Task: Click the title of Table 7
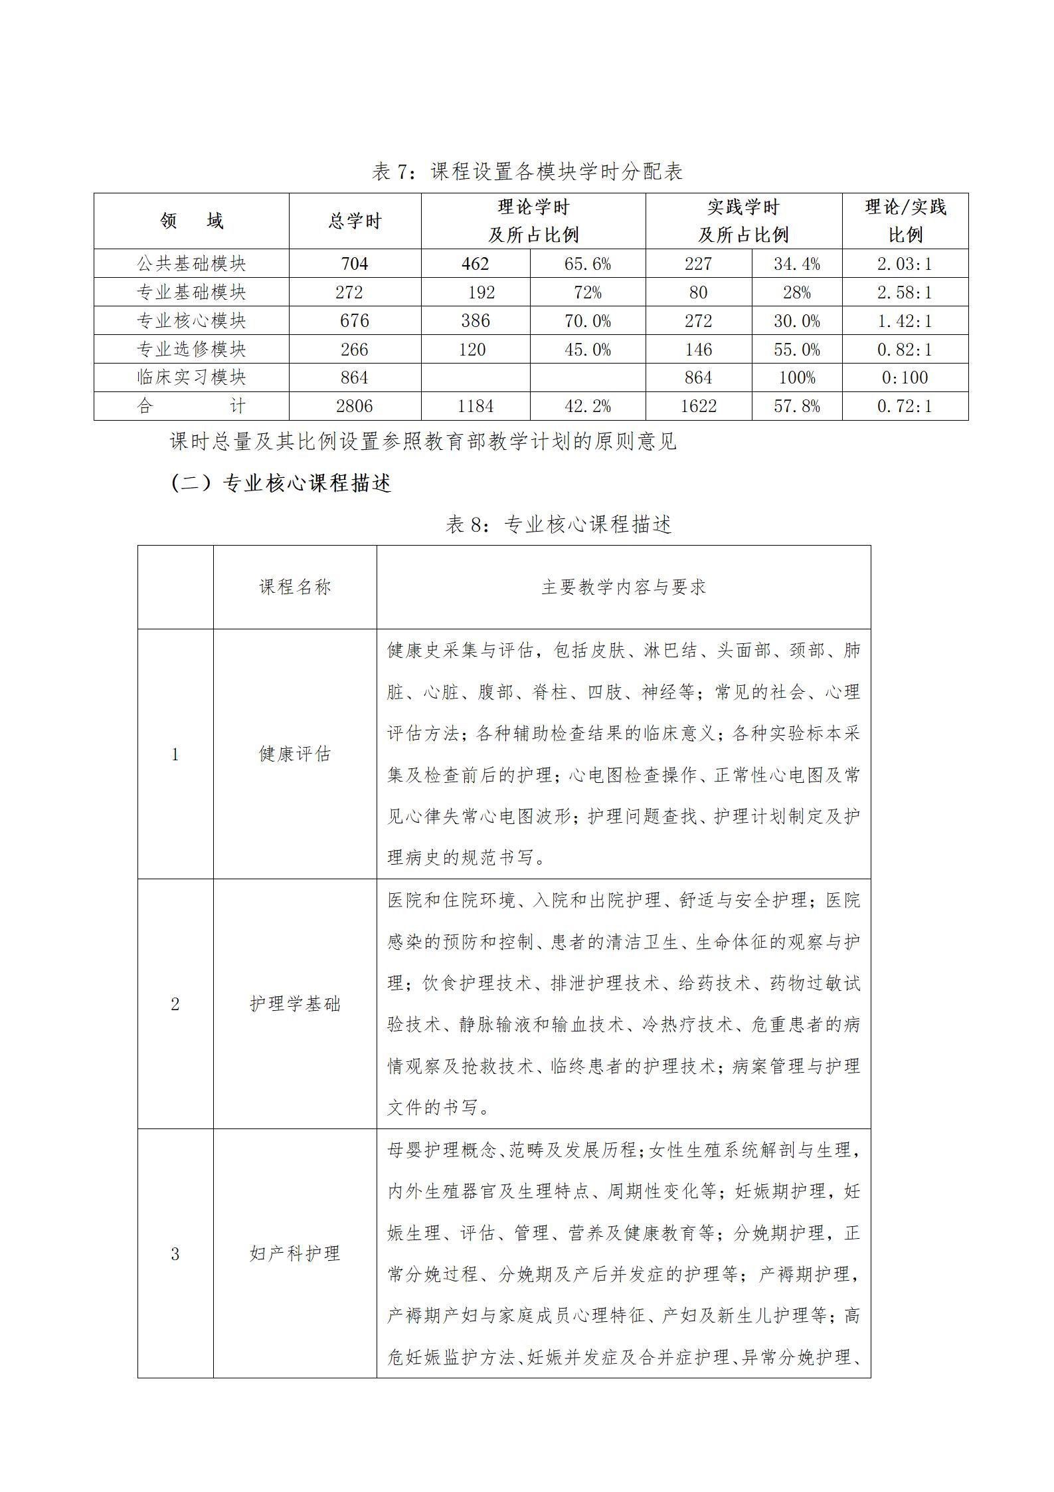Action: (527, 171)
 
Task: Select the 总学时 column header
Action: (355, 221)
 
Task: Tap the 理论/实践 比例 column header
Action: (905, 221)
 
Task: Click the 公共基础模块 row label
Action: (191, 264)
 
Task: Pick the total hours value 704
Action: (354, 264)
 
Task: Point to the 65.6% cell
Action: (587, 264)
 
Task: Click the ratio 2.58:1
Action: (905, 292)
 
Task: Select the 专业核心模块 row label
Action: (191, 321)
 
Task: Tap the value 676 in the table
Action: (354, 321)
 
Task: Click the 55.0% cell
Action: (796, 350)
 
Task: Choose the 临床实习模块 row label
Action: (191, 377)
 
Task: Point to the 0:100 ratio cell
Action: (905, 377)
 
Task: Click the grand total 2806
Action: (354, 406)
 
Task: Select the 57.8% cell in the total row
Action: (796, 406)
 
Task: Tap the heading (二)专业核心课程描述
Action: (281, 483)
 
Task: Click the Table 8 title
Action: (559, 524)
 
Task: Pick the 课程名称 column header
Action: (295, 587)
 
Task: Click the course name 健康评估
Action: (295, 754)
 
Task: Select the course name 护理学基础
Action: (295, 1004)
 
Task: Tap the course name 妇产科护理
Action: (295, 1253)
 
